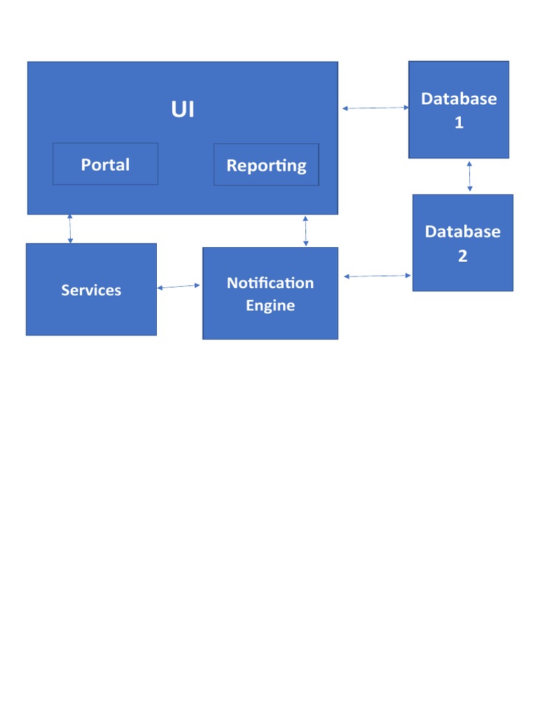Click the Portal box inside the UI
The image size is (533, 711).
105,164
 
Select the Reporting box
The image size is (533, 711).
266,165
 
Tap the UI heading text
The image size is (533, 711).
183,109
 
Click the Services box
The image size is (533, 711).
91,290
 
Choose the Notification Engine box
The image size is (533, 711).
270,294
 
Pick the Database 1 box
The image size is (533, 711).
459,110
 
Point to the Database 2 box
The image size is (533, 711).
463,242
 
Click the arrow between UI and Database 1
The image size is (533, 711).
375,108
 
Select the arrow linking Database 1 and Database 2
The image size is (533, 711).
470,176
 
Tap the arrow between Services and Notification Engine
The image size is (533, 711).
178,287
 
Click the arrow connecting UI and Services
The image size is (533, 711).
70,229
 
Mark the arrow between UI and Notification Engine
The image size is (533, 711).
305,231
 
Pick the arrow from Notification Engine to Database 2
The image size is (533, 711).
378,276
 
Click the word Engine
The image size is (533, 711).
270,306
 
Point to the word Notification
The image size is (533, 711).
270,283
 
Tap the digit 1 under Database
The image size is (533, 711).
459,122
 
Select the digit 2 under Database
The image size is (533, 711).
463,256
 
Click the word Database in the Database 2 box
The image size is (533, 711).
463,232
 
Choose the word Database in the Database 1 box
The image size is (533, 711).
459,99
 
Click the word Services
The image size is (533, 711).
91,290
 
